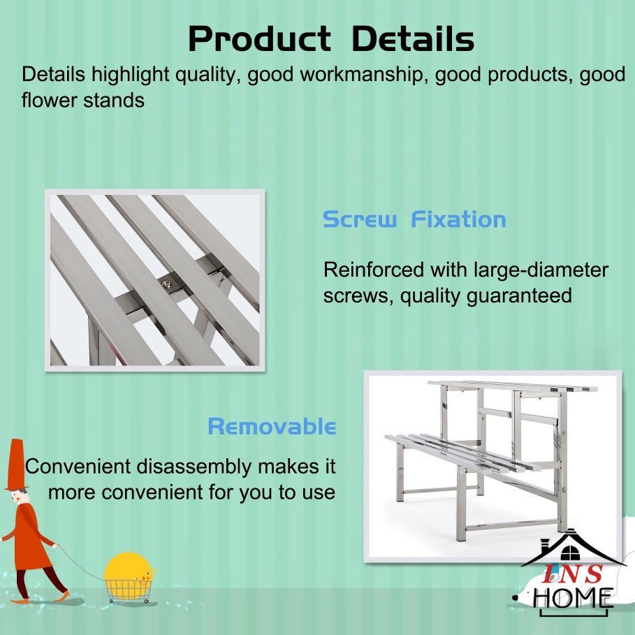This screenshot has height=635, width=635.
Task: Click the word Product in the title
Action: tap(260, 39)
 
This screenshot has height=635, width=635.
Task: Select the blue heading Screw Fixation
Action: tap(414, 219)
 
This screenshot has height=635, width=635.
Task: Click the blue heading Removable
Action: tap(272, 426)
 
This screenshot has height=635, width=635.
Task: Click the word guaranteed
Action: tap(519, 295)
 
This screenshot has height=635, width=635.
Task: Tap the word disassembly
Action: tap(194, 467)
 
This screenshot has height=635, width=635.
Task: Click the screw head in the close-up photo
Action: tap(166, 285)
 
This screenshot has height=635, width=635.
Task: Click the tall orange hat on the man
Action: tap(16, 465)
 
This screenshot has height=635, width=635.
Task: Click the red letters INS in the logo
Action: tap(572, 574)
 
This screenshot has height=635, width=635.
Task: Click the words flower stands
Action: tap(83, 100)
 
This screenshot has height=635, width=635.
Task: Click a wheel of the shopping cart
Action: tap(111, 601)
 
